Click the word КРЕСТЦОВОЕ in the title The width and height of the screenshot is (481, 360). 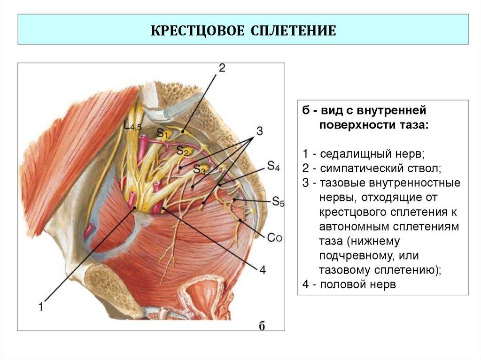click(x=196, y=31)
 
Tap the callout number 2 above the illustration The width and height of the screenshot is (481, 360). click(x=222, y=68)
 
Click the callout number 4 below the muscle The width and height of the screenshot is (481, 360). click(x=262, y=270)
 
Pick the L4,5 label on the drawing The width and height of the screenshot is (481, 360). click(x=133, y=126)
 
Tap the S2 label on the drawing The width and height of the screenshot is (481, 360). click(x=182, y=151)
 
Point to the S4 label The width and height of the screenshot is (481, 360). click(x=273, y=166)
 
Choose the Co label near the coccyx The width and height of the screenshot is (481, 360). click(x=275, y=237)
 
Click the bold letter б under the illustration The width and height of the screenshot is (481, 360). click(x=263, y=326)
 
